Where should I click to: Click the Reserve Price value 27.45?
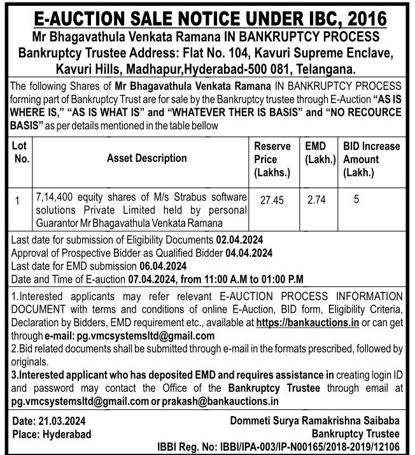271,200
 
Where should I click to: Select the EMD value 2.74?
316,200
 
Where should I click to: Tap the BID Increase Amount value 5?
356,199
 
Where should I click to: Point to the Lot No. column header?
20,152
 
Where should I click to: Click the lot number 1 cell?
18,201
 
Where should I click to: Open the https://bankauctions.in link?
307,324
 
